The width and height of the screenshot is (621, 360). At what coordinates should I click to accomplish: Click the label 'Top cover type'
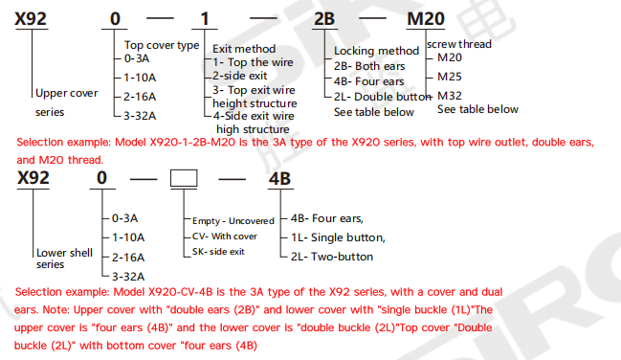tap(162, 45)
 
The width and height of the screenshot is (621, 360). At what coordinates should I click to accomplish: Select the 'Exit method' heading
tap(244, 49)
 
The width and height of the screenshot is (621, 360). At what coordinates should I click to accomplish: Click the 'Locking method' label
tap(376, 51)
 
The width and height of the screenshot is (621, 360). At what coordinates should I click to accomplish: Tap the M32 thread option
tap(449, 95)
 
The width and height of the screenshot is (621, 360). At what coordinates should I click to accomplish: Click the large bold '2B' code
tap(353, 18)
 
